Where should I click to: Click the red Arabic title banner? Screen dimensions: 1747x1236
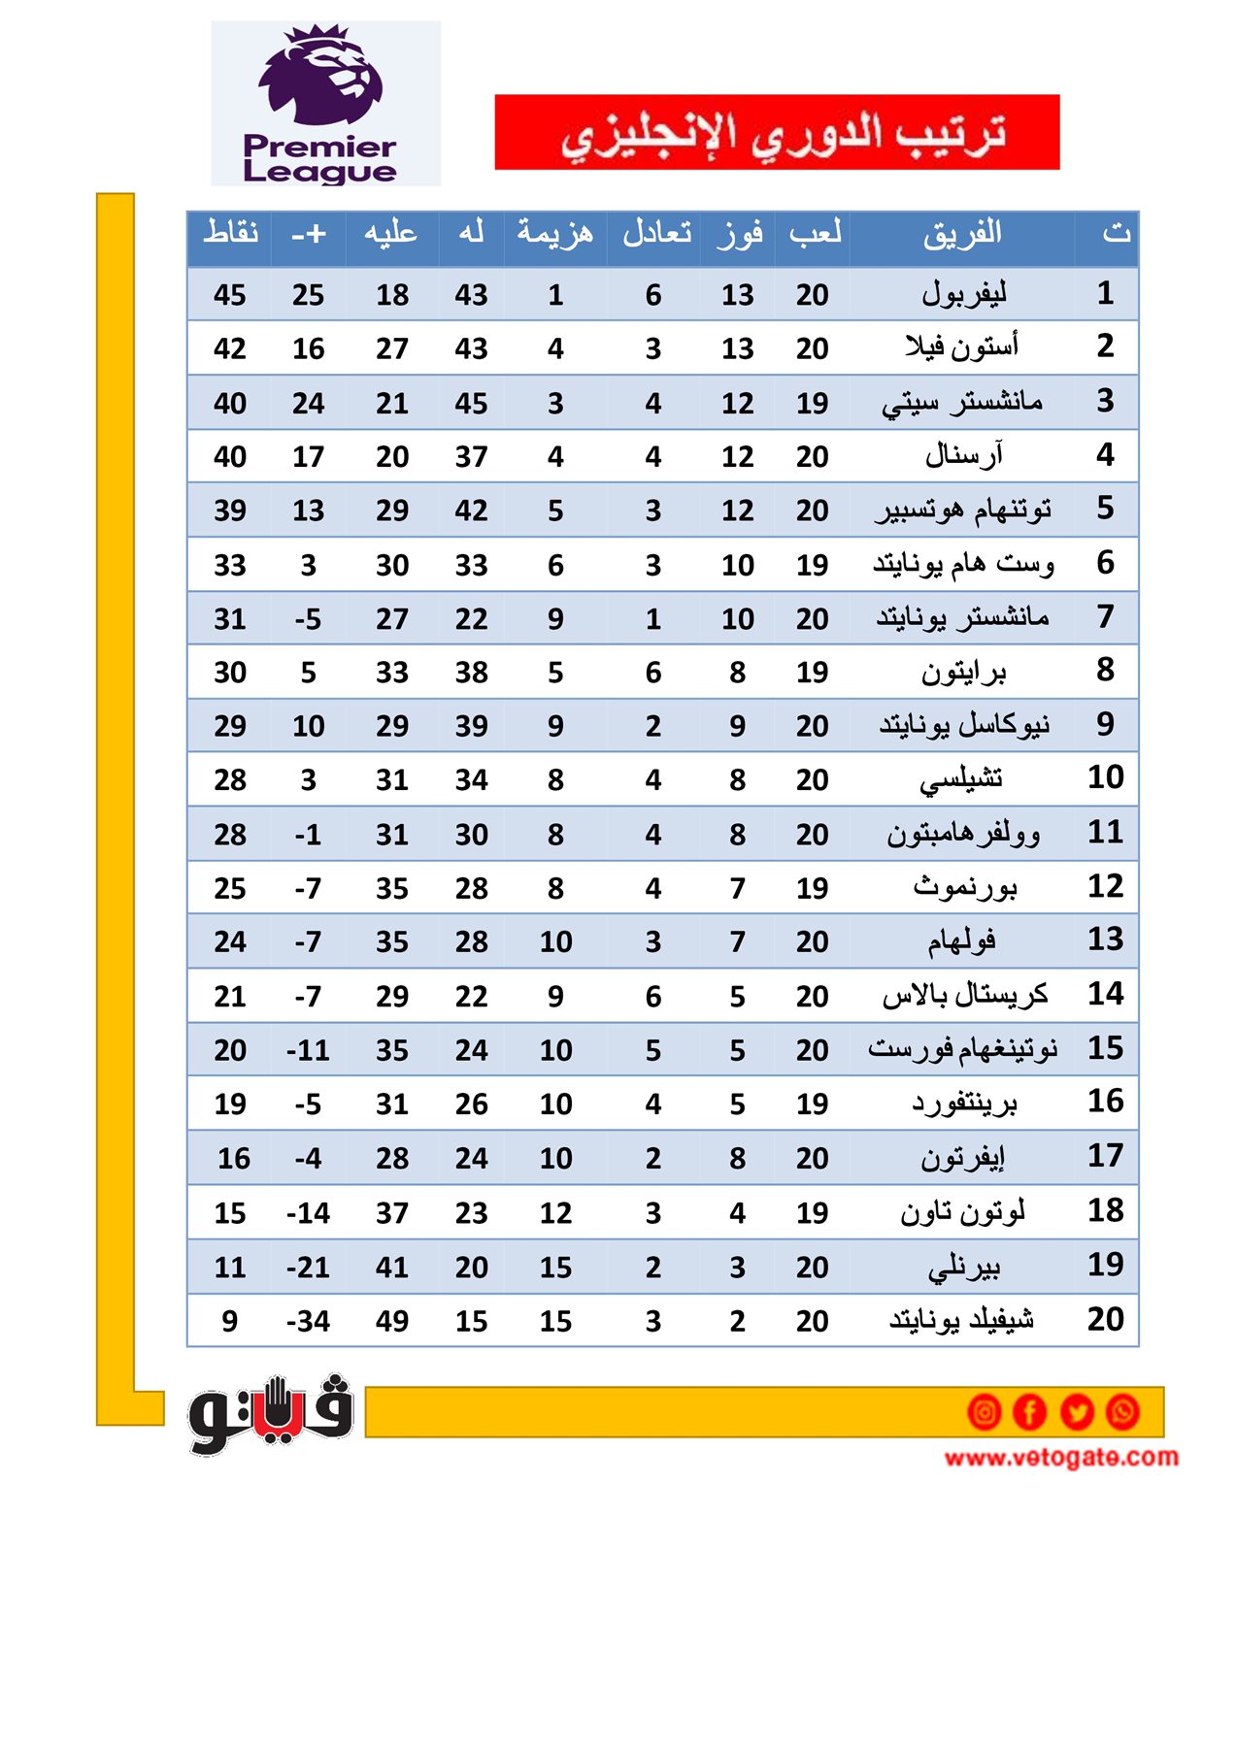pos(777,132)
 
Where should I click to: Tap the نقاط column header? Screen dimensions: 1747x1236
pos(230,233)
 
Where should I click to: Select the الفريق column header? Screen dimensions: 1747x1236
pos(961,233)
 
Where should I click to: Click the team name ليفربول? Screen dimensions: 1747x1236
pos(963,293)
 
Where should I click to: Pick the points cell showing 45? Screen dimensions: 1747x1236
pos(230,295)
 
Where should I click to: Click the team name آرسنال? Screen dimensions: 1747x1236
pos(963,455)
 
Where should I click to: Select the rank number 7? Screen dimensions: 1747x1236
pos(1105,616)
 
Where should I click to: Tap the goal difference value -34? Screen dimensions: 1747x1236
pos(308,1321)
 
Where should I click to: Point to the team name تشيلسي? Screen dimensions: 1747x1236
pos(961,779)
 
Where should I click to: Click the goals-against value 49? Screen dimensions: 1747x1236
pos(392,1321)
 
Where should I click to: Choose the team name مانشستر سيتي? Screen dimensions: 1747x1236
pos(961,402)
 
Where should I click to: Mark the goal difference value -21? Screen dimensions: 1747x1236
pos(308,1267)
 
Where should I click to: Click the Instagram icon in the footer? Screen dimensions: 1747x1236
pos(984,1411)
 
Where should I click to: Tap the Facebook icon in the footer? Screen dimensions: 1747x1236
pos(1030,1411)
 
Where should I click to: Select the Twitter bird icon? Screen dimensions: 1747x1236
pos(1077,1411)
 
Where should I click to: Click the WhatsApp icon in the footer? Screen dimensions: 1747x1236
pos(1123,1411)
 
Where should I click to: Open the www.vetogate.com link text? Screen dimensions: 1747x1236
pos(1061,1457)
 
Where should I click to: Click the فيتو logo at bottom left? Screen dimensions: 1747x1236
pos(271,1413)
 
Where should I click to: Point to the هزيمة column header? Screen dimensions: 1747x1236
pos(554,233)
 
